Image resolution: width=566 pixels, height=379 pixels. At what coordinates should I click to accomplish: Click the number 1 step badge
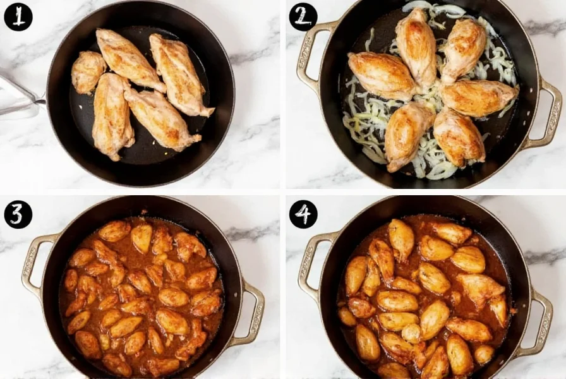(x=18, y=16)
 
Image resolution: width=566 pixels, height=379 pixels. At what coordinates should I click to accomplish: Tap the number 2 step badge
(x=303, y=16)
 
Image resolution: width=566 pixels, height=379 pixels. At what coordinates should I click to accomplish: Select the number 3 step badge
(x=18, y=214)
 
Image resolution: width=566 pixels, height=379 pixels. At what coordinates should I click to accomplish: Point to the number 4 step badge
(x=303, y=214)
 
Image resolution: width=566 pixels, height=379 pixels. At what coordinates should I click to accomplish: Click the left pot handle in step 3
(x=35, y=265)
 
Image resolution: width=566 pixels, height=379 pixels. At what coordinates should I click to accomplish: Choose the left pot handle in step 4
(x=312, y=265)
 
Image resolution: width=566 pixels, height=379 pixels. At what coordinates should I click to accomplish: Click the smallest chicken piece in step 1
(x=88, y=71)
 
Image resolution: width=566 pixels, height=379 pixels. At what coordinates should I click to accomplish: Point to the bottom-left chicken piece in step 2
(x=408, y=135)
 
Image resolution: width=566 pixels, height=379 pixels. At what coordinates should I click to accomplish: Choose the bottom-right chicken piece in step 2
(x=459, y=136)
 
